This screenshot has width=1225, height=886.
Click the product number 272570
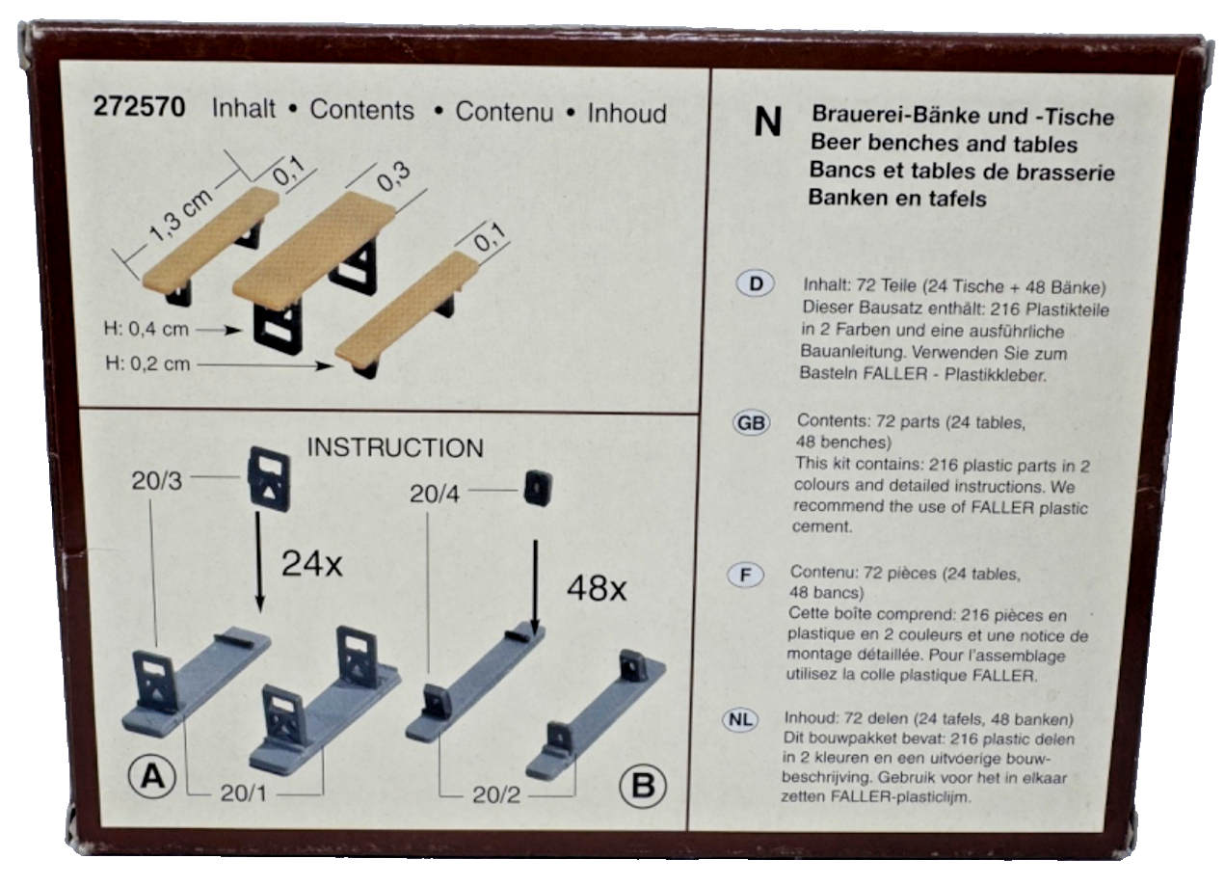pos(139,107)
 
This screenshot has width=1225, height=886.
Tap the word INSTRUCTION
pos(395,448)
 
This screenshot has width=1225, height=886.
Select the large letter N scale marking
pos(767,122)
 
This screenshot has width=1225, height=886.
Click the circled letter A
pos(152,777)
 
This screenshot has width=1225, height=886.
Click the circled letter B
pos(643,787)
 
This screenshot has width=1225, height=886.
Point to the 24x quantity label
pos(311,563)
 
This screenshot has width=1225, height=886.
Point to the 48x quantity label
pos(596,588)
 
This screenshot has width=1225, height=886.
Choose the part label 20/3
pos(156,481)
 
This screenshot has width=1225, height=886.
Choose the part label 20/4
pos(435,495)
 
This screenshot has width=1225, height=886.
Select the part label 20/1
pos(244,793)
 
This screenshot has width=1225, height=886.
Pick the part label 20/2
pos(496,795)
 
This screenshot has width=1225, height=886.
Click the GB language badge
pos(751,423)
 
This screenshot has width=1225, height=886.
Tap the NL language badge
pos(740,720)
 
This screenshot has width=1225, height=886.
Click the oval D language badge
pos(756,283)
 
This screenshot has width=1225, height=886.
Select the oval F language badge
pos(745,576)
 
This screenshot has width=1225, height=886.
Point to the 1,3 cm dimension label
pos(180,215)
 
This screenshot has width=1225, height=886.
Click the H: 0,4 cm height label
pos(146,329)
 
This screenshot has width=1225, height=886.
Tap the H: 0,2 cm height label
pos(147,363)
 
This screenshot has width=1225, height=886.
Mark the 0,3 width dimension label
pos(394,176)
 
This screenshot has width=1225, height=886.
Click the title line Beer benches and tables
pos(944,144)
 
